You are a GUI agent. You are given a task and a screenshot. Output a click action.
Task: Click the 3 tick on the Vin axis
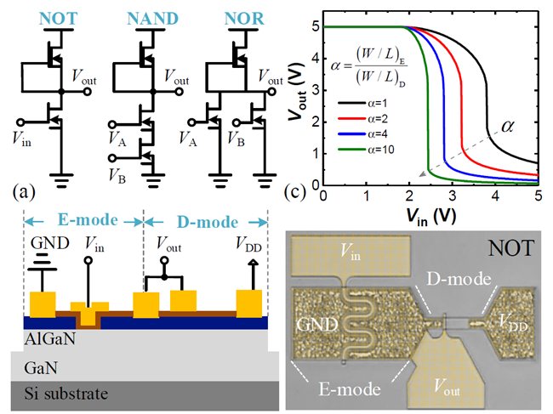coord(453,196)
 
